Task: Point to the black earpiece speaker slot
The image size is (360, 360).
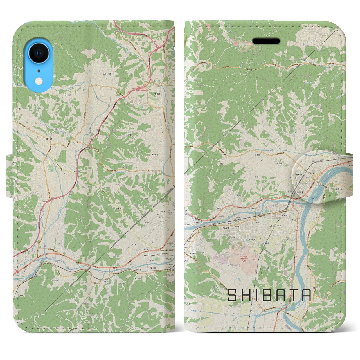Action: pos(266,41)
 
